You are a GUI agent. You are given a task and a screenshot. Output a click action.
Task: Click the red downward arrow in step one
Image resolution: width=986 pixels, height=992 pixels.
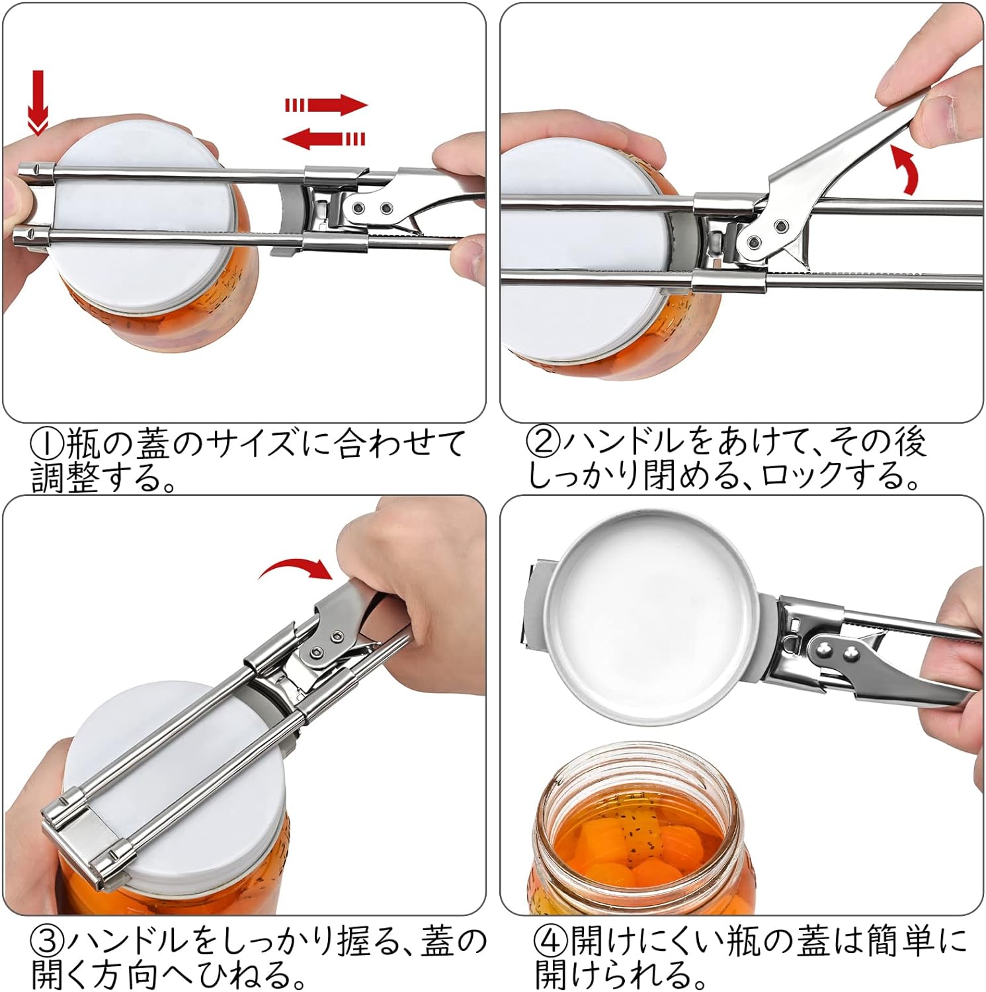pyautogui.click(x=39, y=103)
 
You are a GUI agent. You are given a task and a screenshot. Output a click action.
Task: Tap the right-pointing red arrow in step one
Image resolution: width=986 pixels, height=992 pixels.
pyautogui.click(x=325, y=104)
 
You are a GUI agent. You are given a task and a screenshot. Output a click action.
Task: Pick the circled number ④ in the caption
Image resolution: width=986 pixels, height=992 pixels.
pyautogui.click(x=550, y=940)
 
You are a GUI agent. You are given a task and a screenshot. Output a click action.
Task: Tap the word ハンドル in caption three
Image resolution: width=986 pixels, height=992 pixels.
pyautogui.click(x=144, y=940)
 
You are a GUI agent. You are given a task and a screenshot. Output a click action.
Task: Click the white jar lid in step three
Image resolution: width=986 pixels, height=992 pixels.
pyautogui.click(x=179, y=780)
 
